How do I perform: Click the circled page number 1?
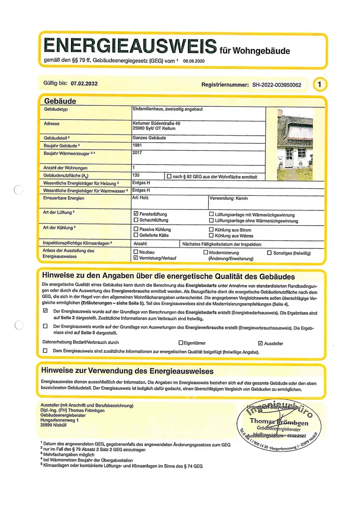tap(319, 85)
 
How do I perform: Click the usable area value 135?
tap(135, 175)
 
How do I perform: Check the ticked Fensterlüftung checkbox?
tap(136, 215)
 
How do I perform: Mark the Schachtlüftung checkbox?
tap(136, 221)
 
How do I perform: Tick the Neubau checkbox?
tap(136, 251)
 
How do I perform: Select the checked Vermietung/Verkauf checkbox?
tap(136, 258)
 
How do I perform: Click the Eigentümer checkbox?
tap(181, 343)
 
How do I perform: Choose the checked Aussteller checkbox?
tap(261, 343)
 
